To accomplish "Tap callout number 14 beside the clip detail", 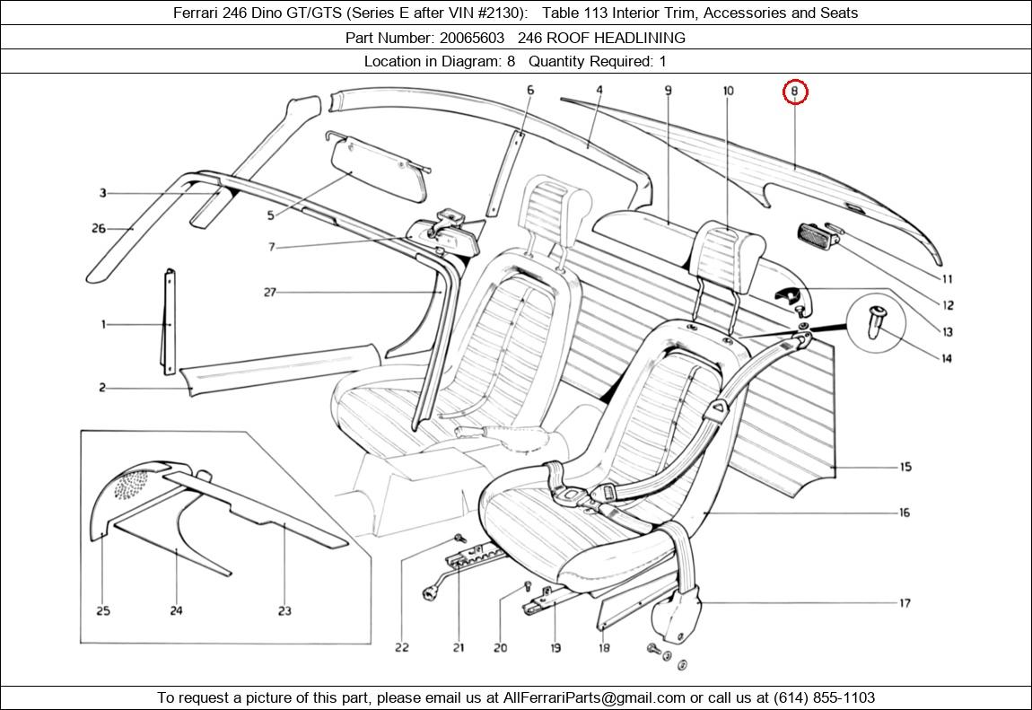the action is point(947,359).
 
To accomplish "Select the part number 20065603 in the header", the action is point(472,38).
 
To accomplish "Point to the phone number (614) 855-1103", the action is point(824,697).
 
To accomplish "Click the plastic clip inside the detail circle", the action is point(875,321).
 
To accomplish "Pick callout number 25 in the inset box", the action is point(103,610).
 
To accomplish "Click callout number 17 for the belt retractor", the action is point(905,603).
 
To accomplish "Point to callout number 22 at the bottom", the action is point(401,647).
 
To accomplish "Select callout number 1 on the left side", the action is point(103,324).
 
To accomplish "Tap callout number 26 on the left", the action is point(99,228).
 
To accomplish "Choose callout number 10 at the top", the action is point(728,91).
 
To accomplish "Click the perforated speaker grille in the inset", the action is point(132,485).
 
